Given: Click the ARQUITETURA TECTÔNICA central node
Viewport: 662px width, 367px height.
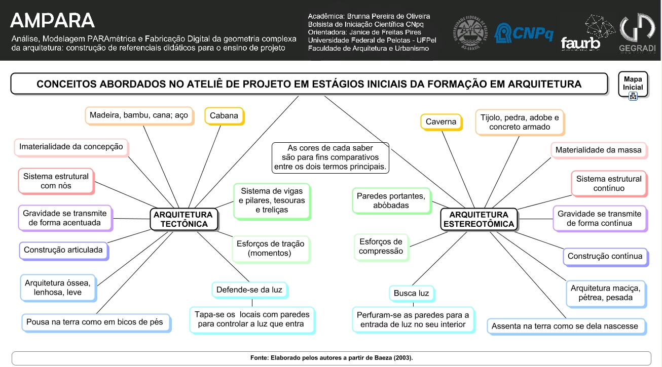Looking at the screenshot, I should [185, 219].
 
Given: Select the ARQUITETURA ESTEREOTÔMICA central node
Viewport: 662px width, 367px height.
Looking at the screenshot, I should [479, 219].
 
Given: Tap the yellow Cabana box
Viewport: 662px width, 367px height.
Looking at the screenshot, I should [224, 115].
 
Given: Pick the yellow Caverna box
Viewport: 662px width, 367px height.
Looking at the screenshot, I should [440, 121].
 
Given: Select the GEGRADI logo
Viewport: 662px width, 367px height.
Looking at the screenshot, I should [637, 33].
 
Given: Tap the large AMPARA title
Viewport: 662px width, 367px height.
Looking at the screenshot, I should [52, 20].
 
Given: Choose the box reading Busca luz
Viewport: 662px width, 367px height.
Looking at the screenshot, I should [411, 293].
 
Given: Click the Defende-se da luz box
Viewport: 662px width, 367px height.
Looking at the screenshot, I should [249, 290].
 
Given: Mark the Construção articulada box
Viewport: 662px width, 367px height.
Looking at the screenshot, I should [63, 250].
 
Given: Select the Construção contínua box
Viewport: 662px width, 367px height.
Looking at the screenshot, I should [605, 256].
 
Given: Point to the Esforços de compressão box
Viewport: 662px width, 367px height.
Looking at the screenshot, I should [381, 247].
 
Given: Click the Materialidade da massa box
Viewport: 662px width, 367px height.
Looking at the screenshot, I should [598, 150].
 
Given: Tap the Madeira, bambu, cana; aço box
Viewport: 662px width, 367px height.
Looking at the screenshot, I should [138, 115].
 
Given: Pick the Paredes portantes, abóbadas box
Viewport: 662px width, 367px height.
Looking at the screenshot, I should [391, 200].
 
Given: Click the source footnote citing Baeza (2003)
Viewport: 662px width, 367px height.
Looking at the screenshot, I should [331, 358].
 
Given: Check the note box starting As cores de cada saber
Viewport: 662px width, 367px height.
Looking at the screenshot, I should [330, 157].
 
